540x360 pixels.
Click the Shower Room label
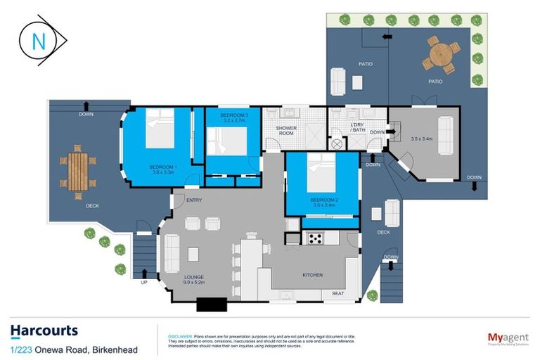pos(286,131)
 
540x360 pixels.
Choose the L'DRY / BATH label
pos(358,127)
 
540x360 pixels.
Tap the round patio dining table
pos(441,53)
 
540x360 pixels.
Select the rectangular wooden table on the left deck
pos(78,171)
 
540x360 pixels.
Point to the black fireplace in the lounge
pos(211,304)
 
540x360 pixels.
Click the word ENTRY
pos(195,201)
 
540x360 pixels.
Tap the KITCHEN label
pos(312,275)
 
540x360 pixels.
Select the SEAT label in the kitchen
pos(338,293)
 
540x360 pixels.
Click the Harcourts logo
pos(44,331)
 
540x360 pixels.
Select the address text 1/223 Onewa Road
pos(74,349)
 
